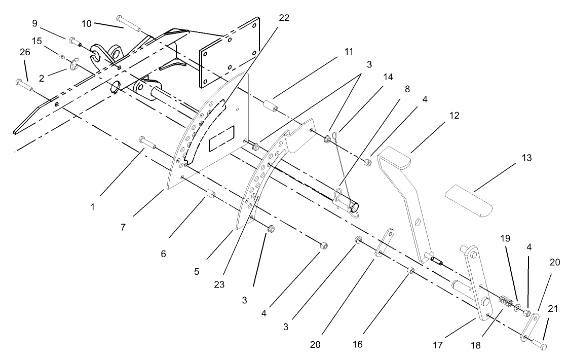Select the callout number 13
[526, 158]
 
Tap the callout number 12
[454, 116]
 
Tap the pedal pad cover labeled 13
[469, 202]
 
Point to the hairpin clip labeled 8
[341, 200]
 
